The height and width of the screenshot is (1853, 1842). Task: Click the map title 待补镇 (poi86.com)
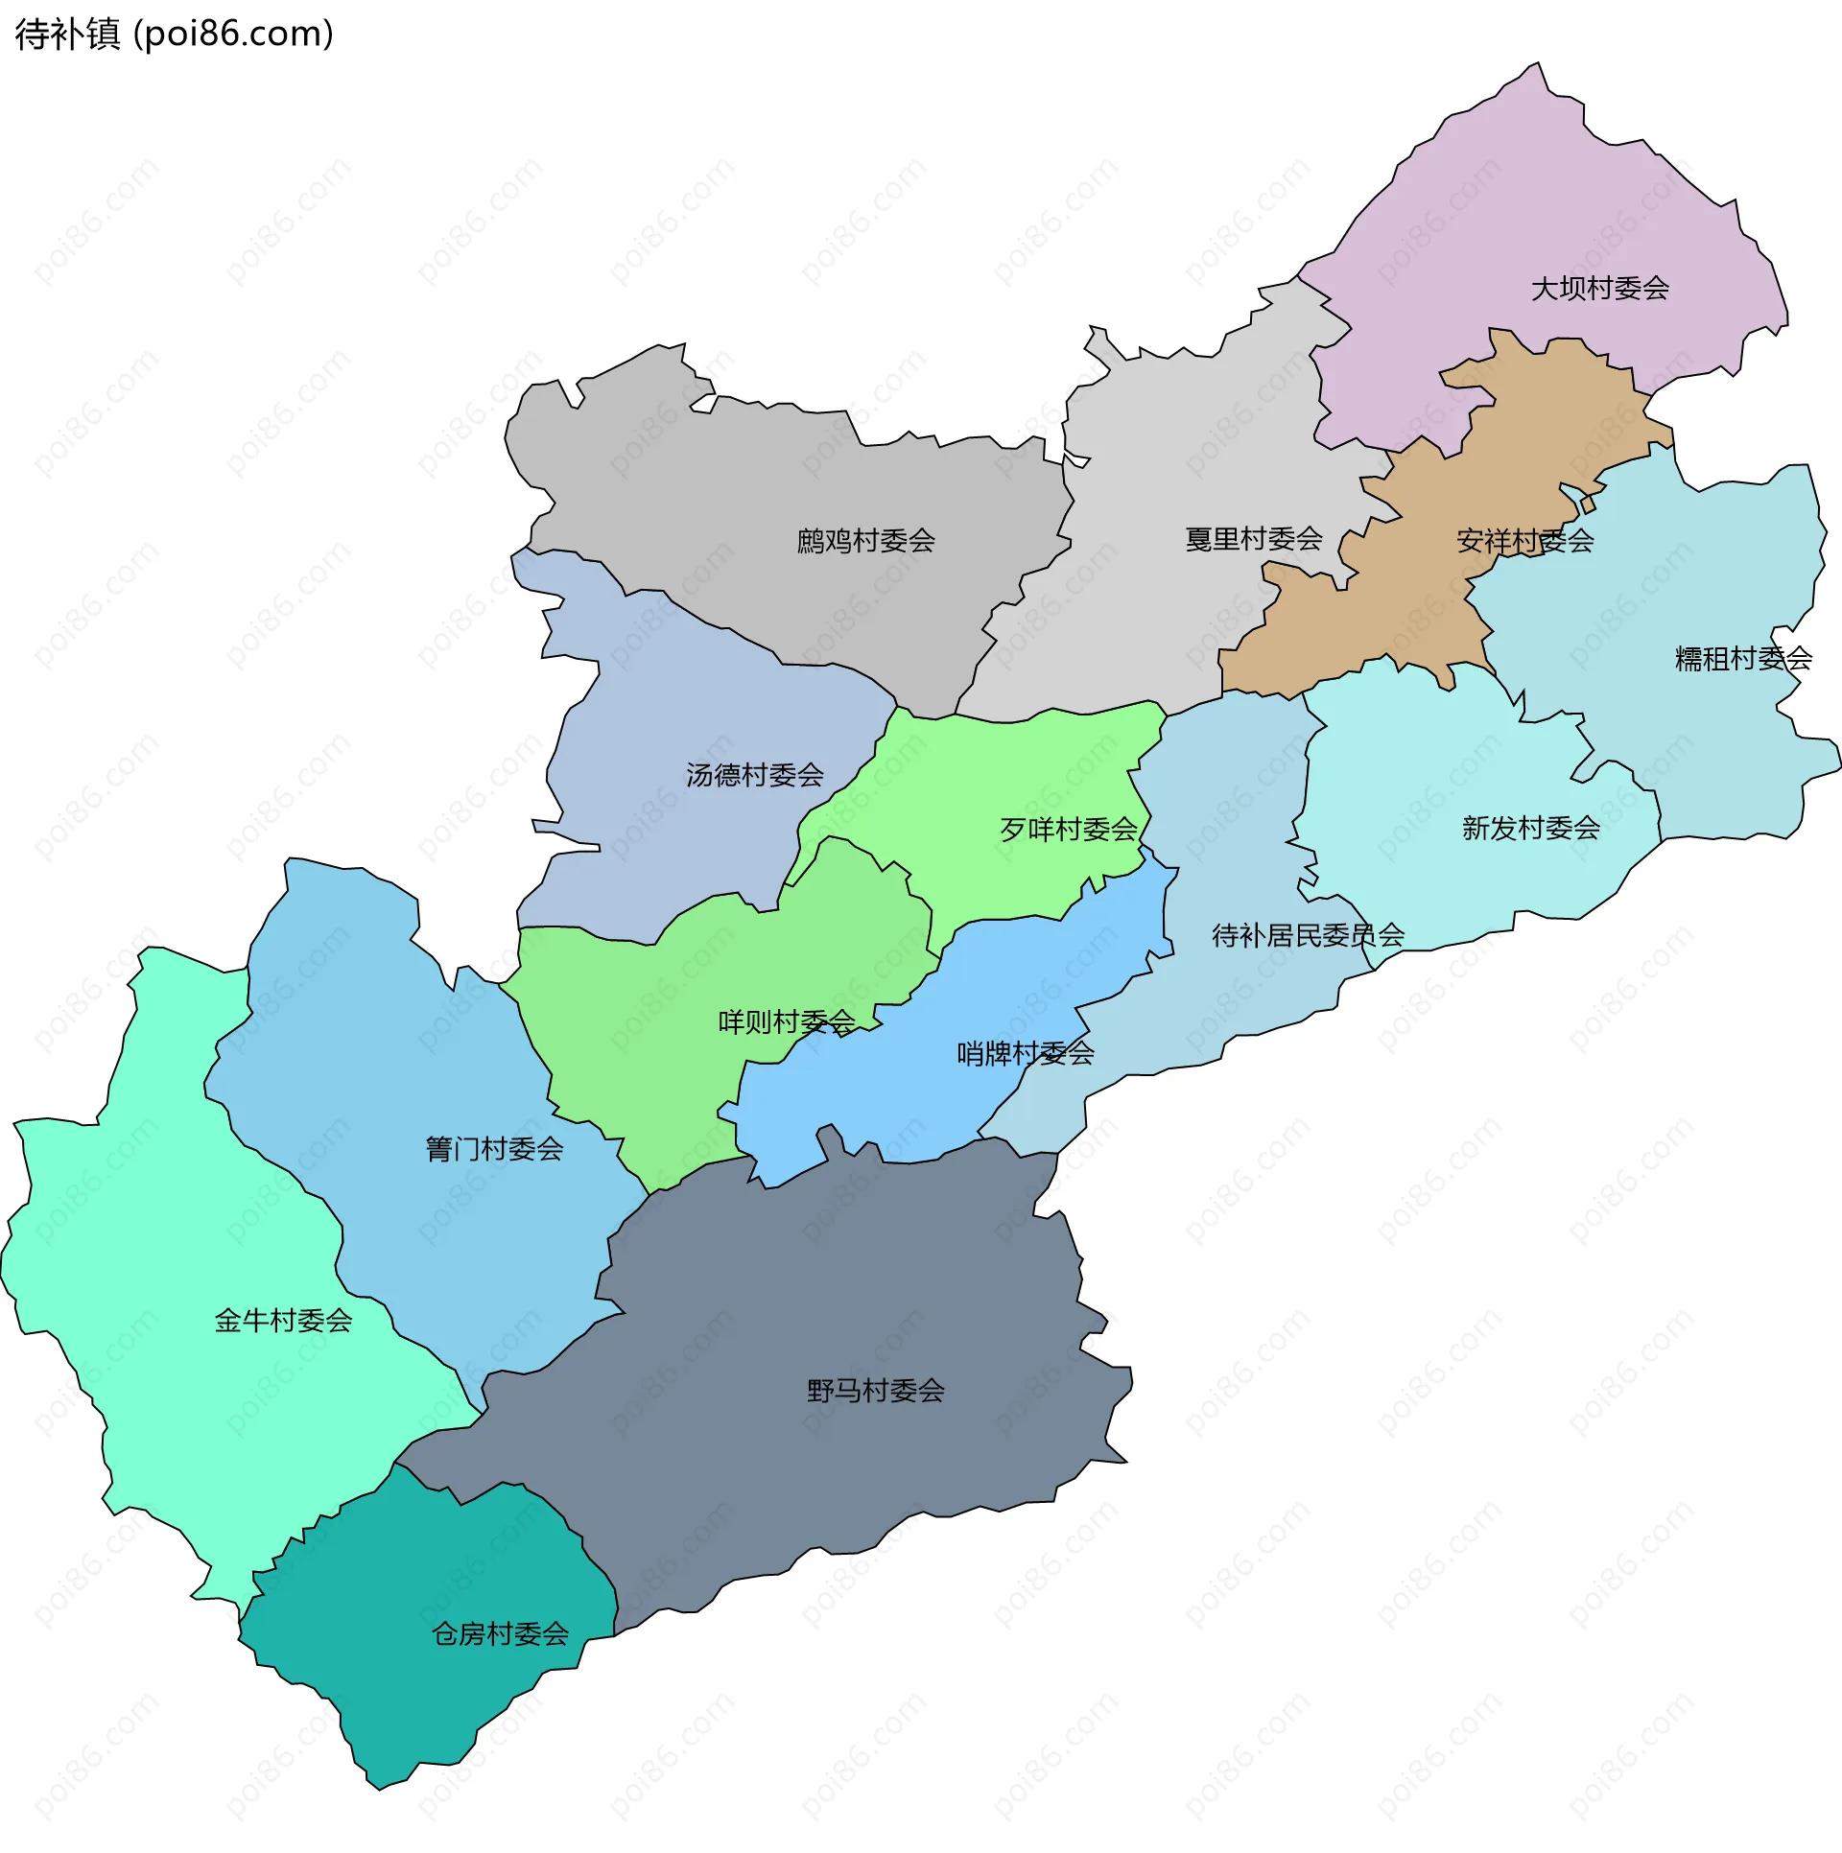click(x=175, y=35)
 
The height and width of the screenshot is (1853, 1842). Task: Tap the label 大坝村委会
click(x=1599, y=288)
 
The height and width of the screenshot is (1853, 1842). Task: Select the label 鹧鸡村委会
click(x=865, y=541)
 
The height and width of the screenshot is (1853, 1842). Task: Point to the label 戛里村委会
click(x=1254, y=539)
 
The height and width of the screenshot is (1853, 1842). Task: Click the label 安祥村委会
click(x=1524, y=541)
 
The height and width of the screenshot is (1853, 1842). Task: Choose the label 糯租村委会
click(x=1742, y=659)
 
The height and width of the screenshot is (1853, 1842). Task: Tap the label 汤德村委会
click(x=754, y=775)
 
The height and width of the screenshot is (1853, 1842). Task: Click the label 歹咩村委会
click(x=1068, y=830)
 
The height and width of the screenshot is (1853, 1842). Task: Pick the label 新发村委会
click(x=1530, y=828)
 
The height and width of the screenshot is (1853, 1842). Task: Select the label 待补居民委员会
click(x=1308, y=935)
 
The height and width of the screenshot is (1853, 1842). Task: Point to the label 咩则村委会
click(x=787, y=1022)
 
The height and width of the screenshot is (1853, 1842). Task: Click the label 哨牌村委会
click(x=1025, y=1054)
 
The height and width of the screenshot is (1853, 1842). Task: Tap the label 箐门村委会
click(x=494, y=1149)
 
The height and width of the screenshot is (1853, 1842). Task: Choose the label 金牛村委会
click(x=283, y=1321)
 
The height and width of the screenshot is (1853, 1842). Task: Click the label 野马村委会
click(x=875, y=1391)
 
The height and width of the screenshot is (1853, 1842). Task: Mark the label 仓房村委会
click(x=500, y=1634)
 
